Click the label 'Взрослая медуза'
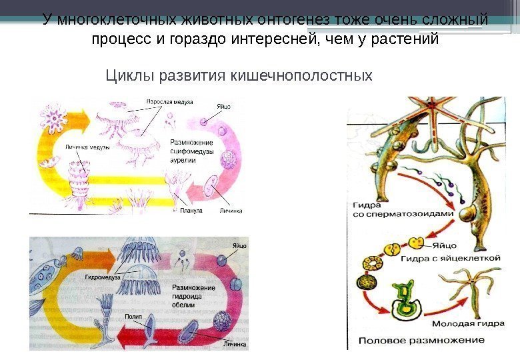tap(169, 102)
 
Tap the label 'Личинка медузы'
tap(87, 147)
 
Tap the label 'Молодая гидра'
tap(463, 325)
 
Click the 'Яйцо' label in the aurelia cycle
tap(224, 106)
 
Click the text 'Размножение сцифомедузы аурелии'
tap(192, 151)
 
